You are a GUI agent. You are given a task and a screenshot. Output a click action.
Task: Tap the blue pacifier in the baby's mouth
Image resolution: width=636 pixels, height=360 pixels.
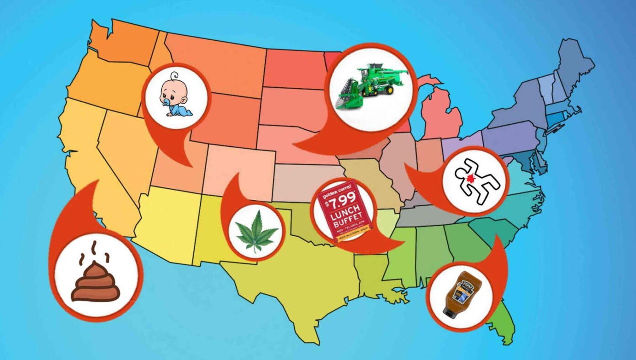click(x=164, y=103)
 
